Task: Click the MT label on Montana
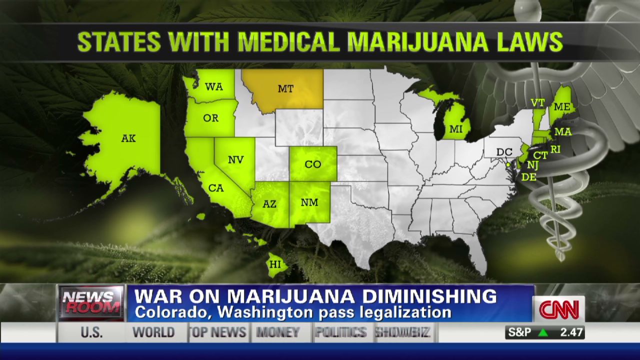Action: pyautogui.click(x=285, y=89)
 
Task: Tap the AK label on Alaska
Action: pyautogui.click(x=128, y=138)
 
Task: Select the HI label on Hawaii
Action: pyautogui.click(x=275, y=264)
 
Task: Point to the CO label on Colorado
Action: pyautogui.click(x=313, y=164)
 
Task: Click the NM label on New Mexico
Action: pyautogui.click(x=309, y=202)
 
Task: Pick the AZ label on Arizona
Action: pyautogui.click(x=269, y=204)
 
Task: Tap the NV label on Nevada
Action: pyautogui.click(x=236, y=160)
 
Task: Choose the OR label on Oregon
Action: pyautogui.click(x=211, y=118)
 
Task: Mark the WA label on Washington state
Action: pyautogui.click(x=214, y=87)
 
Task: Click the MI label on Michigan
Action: pyautogui.click(x=456, y=129)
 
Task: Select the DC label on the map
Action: pyautogui.click(x=504, y=152)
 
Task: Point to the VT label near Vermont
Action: pyautogui.click(x=538, y=103)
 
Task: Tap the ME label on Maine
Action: pyautogui.click(x=562, y=107)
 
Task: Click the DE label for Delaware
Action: pyautogui.click(x=528, y=176)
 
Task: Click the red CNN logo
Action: pyautogui.click(x=558, y=309)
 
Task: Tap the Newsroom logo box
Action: pyautogui.click(x=91, y=303)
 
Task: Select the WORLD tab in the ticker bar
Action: pyautogui.click(x=153, y=332)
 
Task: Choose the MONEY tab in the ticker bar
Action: pyautogui.click(x=278, y=332)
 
